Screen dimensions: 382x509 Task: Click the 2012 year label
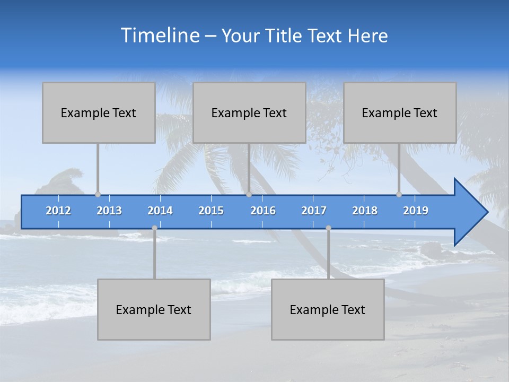coord(58,211)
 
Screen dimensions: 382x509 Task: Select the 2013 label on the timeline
coord(109,211)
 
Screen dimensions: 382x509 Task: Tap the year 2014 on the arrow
coord(160,211)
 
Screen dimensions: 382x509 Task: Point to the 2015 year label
coord(211,211)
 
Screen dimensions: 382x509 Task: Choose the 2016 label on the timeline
coord(263,211)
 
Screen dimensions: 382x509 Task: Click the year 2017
coord(314,211)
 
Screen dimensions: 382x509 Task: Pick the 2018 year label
coord(365,211)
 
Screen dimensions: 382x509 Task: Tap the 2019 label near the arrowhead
coord(416,211)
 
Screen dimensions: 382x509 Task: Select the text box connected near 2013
coord(99,112)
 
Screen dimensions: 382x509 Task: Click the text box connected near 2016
coord(249,112)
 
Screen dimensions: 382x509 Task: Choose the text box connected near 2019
coord(400,112)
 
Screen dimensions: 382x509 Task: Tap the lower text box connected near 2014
coord(154,309)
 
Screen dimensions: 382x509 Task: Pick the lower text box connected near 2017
coord(328,309)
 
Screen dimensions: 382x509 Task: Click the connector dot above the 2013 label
coord(98,195)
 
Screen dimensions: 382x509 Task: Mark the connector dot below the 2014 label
coord(154,228)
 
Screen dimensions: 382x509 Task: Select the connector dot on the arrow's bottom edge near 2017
coord(328,228)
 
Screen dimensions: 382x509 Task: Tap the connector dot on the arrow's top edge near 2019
coord(399,195)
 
